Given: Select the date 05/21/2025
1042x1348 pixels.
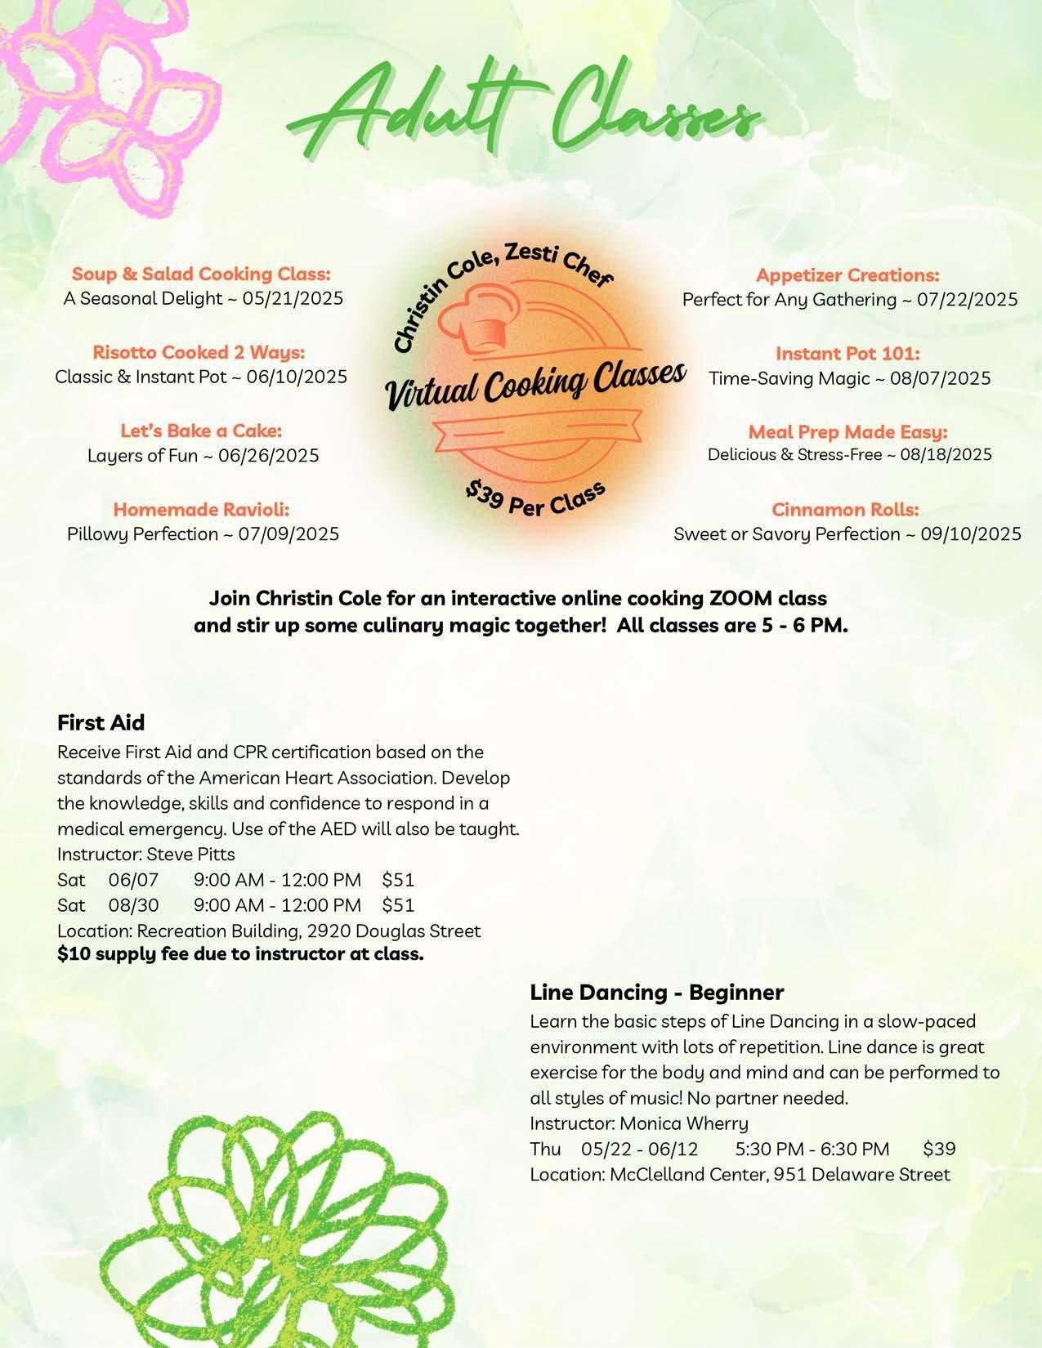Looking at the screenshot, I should (293, 298).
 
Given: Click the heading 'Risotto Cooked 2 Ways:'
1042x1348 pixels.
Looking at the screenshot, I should (199, 352).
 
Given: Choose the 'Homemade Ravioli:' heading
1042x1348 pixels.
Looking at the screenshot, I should (201, 510).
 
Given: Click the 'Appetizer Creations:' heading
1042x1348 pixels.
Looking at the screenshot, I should (847, 275).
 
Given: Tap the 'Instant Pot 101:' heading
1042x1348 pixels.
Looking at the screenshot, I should (847, 354).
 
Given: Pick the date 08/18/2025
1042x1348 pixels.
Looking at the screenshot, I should (946, 454).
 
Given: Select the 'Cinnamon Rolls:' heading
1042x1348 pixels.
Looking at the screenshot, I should (845, 510).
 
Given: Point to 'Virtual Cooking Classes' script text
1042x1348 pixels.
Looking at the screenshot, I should (535, 385).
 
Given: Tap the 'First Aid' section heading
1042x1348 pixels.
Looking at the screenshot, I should (101, 723).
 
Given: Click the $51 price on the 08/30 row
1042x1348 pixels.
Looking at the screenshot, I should (398, 905).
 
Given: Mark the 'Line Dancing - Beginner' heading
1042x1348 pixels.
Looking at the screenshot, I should (656, 993).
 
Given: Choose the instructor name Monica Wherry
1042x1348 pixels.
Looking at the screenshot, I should (684, 1123).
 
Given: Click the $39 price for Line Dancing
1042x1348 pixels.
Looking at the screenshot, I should (939, 1149).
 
